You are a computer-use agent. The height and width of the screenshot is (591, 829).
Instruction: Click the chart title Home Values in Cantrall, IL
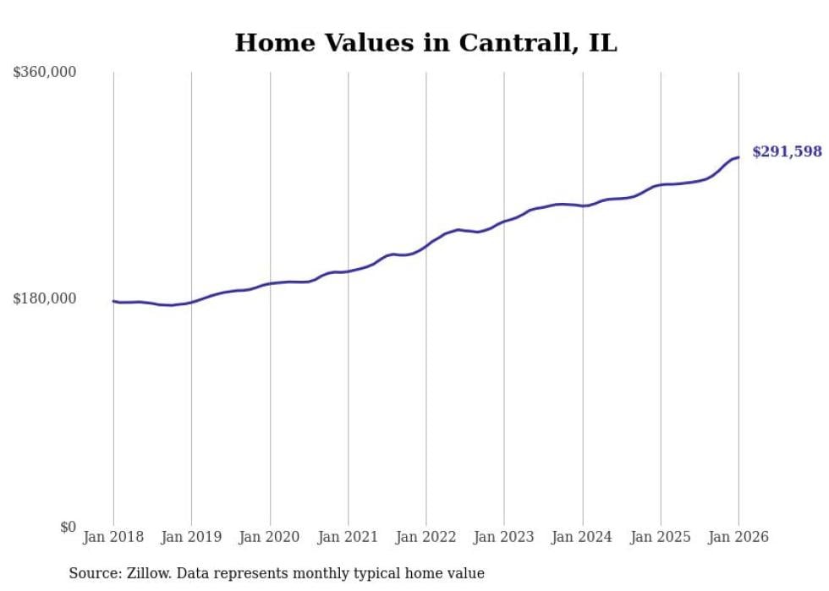point(425,43)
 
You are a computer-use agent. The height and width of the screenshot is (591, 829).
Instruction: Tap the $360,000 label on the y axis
point(45,73)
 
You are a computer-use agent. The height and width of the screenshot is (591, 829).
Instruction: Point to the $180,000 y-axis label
point(45,298)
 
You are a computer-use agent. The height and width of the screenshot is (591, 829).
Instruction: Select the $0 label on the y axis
point(68,528)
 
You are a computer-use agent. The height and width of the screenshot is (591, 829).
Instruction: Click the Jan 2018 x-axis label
point(113,537)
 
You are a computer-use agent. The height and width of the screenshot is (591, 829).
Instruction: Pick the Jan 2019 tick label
point(191,537)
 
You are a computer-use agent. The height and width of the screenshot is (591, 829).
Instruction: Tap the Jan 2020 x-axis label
point(270,537)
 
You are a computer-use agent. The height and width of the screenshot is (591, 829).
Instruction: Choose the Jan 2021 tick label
point(348,537)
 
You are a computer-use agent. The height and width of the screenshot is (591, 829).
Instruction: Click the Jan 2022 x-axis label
point(425,537)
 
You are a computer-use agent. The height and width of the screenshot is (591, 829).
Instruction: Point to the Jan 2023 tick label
point(504,537)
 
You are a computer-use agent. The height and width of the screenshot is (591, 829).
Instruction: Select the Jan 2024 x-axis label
point(582,537)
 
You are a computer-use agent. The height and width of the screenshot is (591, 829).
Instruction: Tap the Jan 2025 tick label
point(660,537)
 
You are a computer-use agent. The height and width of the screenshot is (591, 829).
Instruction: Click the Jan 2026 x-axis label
point(738,537)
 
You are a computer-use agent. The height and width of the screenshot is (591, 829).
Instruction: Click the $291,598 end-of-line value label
point(787,152)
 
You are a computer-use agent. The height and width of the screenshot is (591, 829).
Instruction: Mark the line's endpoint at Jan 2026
point(738,157)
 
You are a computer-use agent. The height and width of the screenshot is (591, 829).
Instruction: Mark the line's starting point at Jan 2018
point(113,301)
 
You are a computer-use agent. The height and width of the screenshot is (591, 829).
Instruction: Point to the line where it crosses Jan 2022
point(426,246)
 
